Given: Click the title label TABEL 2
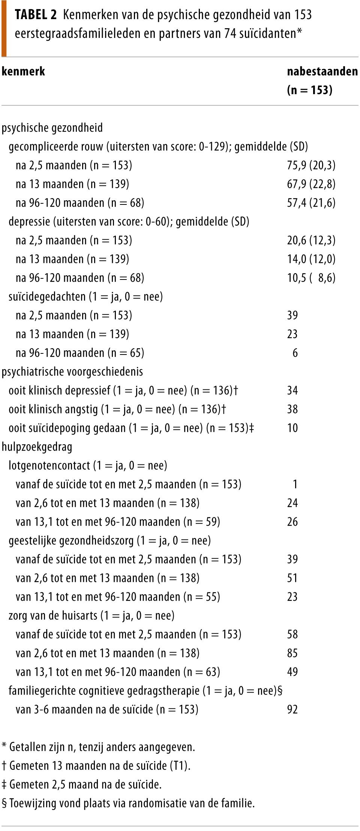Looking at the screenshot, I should coord(36,15).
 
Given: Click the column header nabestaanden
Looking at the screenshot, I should coord(322,71).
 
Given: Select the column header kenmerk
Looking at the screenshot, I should coord(23,71).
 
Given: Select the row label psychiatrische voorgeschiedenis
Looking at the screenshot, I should coord(72,372).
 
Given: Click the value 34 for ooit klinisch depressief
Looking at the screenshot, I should coord(292,391).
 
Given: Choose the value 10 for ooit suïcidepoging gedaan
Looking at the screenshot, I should coord(292,428).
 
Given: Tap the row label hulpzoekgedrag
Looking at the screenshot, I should coord(37,447).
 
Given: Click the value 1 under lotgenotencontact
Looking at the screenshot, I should coord(295,484).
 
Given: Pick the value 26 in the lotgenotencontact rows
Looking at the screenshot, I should coord(292,522).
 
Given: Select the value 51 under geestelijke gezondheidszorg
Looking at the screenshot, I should coord(292,578).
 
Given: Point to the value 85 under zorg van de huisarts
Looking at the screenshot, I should coord(292,653).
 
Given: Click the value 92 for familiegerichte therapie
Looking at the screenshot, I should coord(292,709).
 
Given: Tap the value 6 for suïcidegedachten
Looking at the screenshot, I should coord(295,353).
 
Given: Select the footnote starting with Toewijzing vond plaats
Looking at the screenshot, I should coord(128,803).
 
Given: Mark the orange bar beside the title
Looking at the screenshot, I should coord(4,28).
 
